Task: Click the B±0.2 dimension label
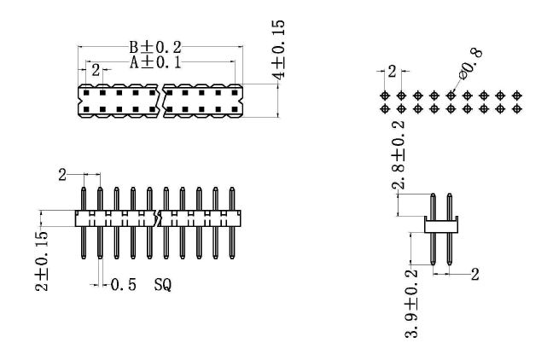[x=156, y=47]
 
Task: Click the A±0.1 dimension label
[x=155, y=61]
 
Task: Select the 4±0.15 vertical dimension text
[x=279, y=51]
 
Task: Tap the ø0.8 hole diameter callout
[x=470, y=66]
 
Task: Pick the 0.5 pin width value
[x=125, y=285]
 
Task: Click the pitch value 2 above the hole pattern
[x=392, y=71]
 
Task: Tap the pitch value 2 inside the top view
[x=96, y=68]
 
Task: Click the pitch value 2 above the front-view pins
[x=62, y=174]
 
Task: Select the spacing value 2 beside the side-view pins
[x=474, y=274]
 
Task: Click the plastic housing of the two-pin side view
[x=441, y=226]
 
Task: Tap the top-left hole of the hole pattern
[x=385, y=96]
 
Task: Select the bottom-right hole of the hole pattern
[x=517, y=109]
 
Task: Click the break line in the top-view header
[x=161, y=101]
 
